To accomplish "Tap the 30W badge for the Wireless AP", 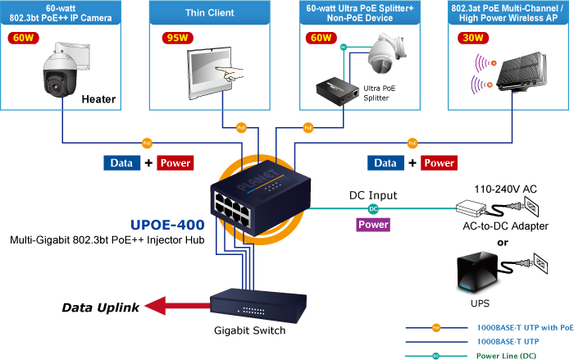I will (x=471, y=37).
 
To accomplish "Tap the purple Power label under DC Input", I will (x=373, y=224).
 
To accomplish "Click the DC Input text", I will (x=373, y=195).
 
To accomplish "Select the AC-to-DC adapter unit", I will (x=474, y=206).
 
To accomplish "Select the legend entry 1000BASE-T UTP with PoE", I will (x=525, y=326).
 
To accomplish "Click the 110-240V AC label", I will (x=505, y=189).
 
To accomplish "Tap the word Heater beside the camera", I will (x=98, y=100).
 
